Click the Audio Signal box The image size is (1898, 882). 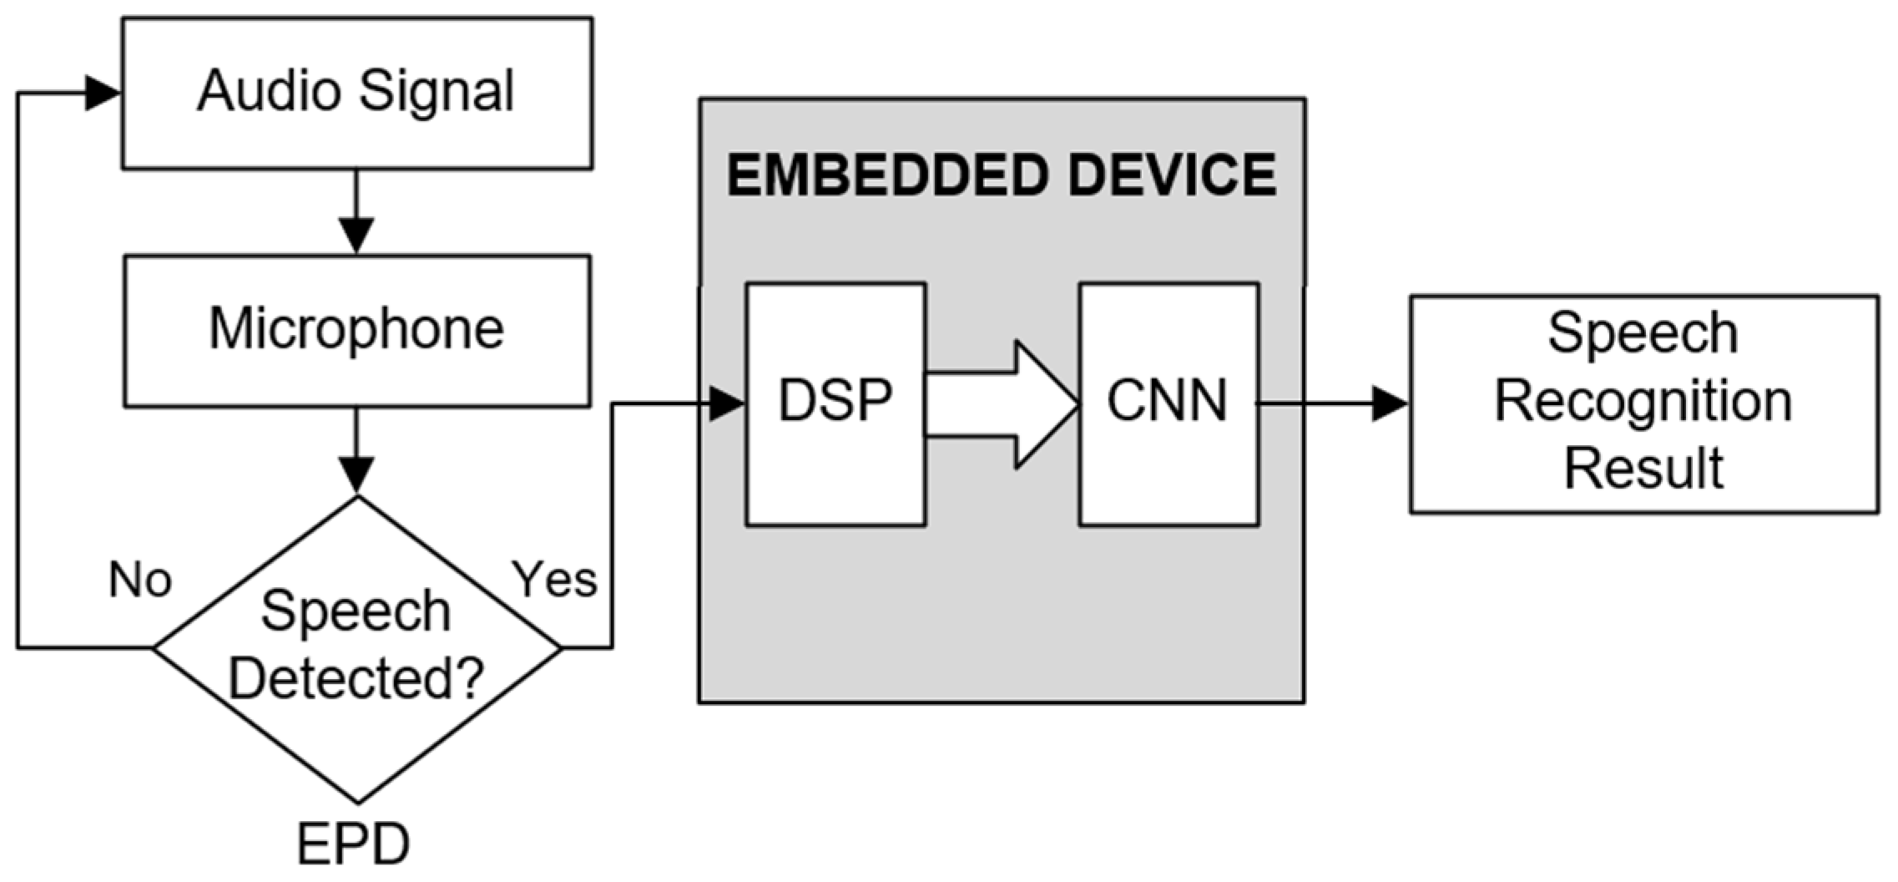357,94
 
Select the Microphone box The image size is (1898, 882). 357,331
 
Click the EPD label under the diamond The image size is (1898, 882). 354,844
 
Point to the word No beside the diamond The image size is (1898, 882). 140,579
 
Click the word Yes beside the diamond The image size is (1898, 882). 555,579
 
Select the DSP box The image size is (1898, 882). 835,403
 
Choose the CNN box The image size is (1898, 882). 1168,403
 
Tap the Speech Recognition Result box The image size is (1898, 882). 1643,403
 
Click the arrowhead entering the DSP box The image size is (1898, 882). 725,404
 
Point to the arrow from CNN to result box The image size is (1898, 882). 1335,404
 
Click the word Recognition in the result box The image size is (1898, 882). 1643,402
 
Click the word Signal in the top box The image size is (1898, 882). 437,92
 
